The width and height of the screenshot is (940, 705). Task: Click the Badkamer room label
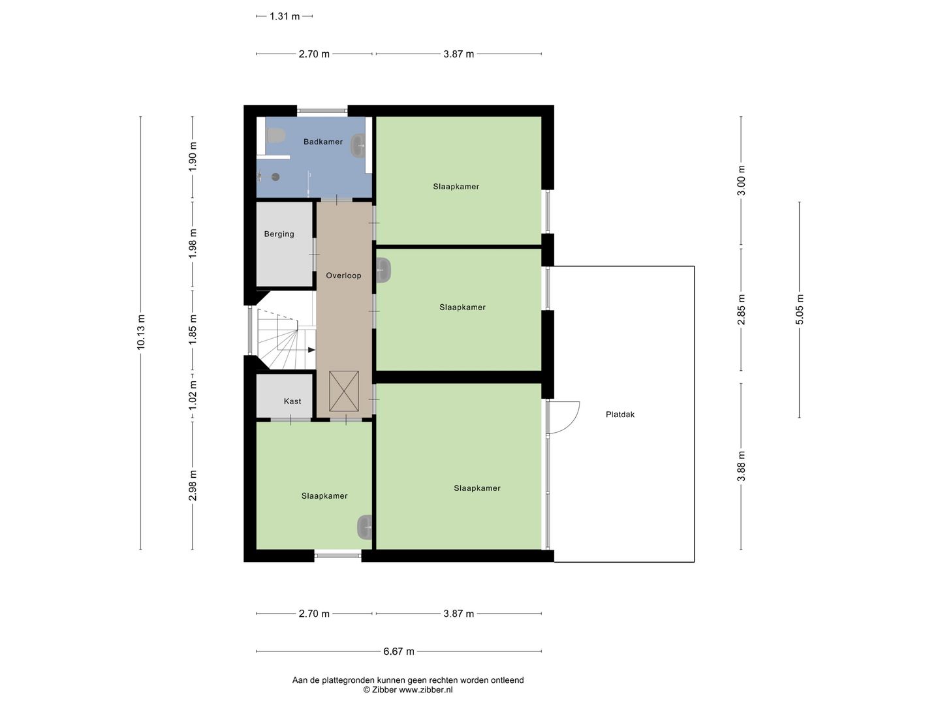pos(322,142)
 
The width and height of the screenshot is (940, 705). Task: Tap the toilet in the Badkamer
pos(275,135)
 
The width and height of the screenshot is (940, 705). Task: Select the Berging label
pos(279,234)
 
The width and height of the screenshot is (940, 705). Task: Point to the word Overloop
pos(343,275)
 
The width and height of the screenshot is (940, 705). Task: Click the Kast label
pos(292,401)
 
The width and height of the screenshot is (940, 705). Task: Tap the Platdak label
pos(619,415)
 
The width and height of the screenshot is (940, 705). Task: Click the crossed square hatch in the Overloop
pos(344,392)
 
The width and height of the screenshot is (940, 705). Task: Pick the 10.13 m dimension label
pos(141,332)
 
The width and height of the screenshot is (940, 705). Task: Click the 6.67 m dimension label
pos(398,651)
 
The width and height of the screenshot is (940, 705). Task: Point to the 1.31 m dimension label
pos(284,16)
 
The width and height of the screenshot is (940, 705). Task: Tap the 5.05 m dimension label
pos(800,309)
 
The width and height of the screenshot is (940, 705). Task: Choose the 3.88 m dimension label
pos(741,466)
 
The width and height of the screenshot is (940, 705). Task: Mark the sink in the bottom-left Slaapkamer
pos(364,527)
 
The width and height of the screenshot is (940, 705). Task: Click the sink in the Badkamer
pos(358,146)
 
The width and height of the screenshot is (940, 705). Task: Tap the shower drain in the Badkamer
pos(275,176)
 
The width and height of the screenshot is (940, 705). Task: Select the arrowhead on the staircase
pos(311,350)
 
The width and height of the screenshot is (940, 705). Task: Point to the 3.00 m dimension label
pos(741,181)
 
